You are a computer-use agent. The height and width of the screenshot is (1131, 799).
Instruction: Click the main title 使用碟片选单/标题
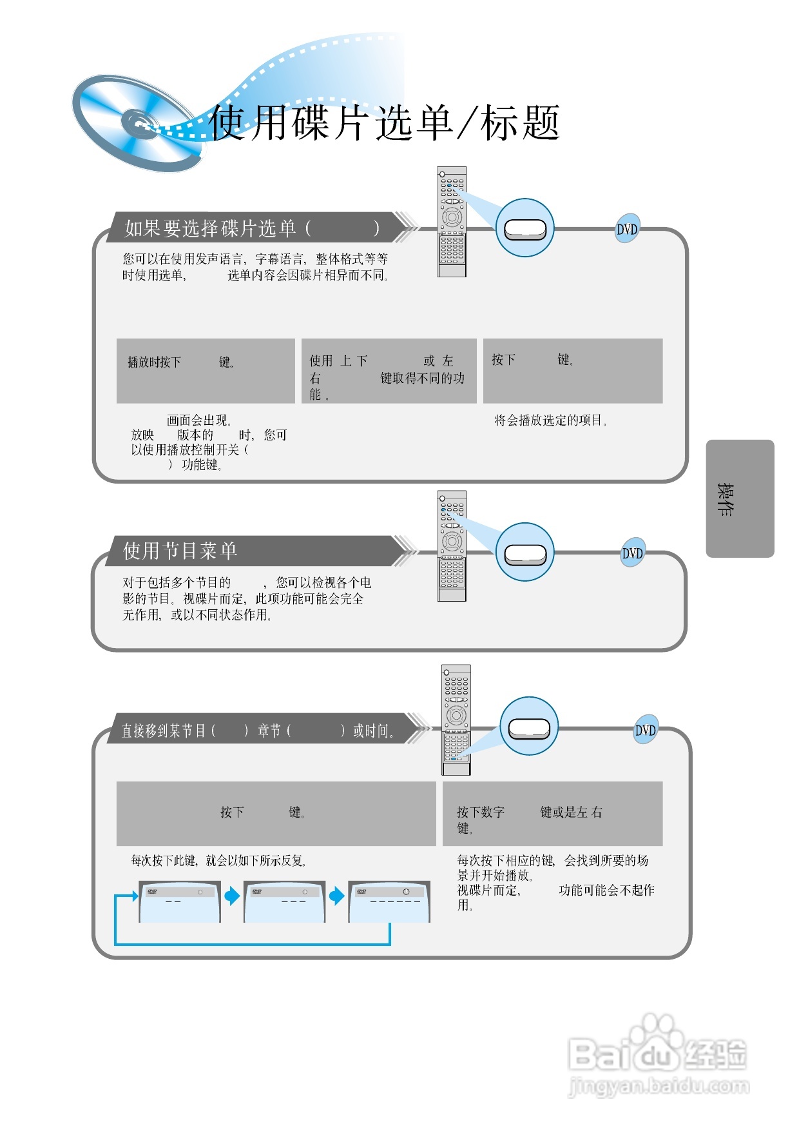pyautogui.click(x=385, y=123)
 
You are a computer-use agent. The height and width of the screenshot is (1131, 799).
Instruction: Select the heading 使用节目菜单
pyautogui.click(x=180, y=551)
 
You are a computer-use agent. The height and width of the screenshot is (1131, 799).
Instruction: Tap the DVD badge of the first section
pyautogui.click(x=627, y=229)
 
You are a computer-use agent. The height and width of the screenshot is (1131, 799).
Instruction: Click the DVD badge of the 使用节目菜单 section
pyautogui.click(x=632, y=553)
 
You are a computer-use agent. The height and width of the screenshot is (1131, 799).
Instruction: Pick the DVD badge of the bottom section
pyautogui.click(x=646, y=730)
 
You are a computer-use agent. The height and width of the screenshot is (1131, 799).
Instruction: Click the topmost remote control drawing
pyautogui.click(x=452, y=222)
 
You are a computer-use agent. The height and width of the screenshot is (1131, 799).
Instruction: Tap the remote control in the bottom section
pyautogui.click(x=456, y=720)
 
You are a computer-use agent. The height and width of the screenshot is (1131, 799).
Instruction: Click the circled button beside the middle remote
pyautogui.click(x=525, y=553)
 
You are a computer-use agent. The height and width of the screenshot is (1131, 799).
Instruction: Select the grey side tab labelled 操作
pyautogui.click(x=740, y=498)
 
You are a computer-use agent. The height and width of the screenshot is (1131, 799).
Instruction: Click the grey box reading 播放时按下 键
pyautogui.click(x=206, y=371)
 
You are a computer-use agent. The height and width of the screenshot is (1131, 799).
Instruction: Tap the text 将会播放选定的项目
pyautogui.click(x=550, y=420)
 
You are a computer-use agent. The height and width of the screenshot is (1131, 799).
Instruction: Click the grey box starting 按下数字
pyautogui.click(x=552, y=813)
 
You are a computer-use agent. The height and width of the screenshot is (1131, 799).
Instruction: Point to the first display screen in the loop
pyautogui.click(x=179, y=902)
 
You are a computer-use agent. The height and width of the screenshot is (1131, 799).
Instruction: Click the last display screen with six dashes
pyautogui.click(x=389, y=902)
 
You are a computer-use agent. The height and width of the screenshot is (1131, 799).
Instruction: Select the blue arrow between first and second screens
pyautogui.click(x=232, y=896)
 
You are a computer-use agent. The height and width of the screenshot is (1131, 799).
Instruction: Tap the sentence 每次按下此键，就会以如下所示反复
pyautogui.click(x=219, y=861)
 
